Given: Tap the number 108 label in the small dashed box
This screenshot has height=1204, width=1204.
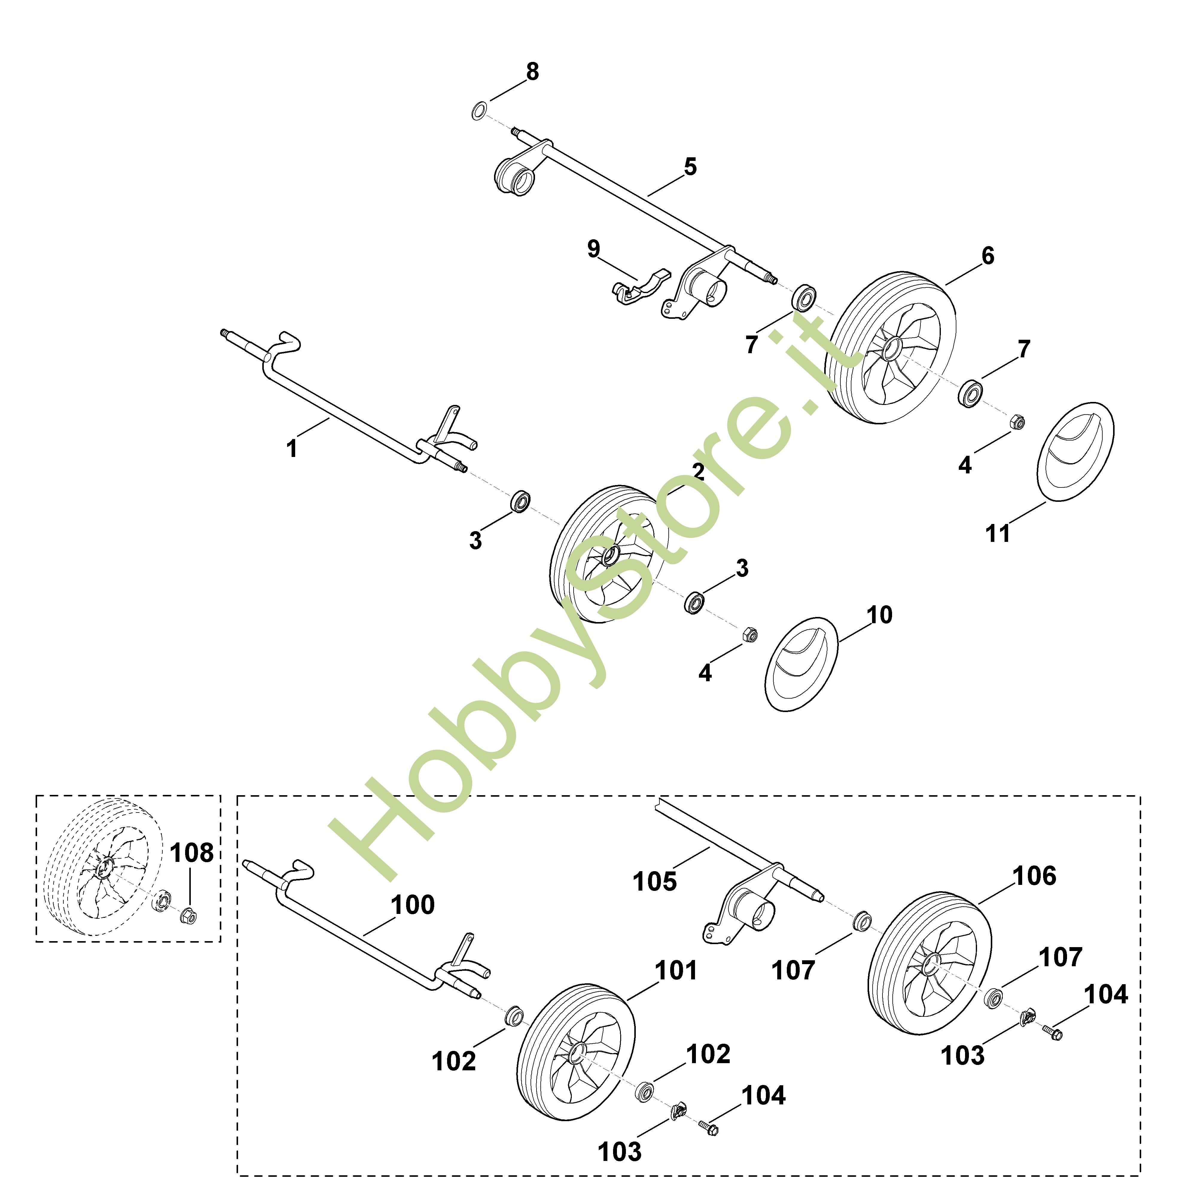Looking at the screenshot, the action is click(x=191, y=853).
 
